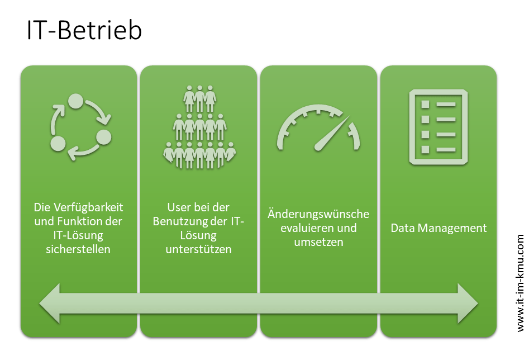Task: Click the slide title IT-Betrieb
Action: pyautogui.click(x=84, y=30)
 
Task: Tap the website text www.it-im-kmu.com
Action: pyautogui.click(x=520, y=283)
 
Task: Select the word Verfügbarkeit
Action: pyautogui.click(x=88, y=207)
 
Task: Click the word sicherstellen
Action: pyautogui.click(x=78, y=249)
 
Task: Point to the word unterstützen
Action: pyautogui.click(x=198, y=249)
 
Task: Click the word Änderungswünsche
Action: pyautogui.click(x=318, y=214)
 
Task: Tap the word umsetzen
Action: pyautogui.click(x=318, y=242)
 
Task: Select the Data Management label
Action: pyautogui.click(x=439, y=228)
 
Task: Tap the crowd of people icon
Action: pyautogui.click(x=199, y=127)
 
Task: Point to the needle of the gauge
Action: pyautogui.click(x=332, y=133)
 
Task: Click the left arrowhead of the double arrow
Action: pyautogui.click(x=50, y=304)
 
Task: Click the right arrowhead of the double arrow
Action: pyautogui.click(x=468, y=304)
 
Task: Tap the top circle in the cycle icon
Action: pyautogui.click(x=75, y=101)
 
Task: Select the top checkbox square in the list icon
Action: pyautogui.click(x=425, y=104)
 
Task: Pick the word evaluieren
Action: pyautogui.click(x=303, y=228)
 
